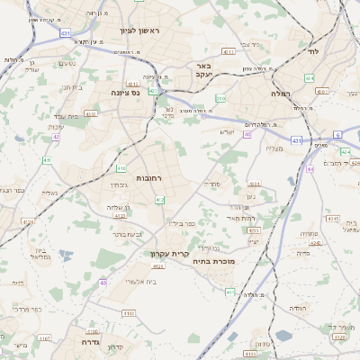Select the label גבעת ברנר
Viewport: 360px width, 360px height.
(x=130, y=232)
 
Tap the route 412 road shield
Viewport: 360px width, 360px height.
(x=159, y=199)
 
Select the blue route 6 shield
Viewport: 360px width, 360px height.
(x=338, y=134)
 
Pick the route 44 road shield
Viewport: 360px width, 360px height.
(x=310, y=168)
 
